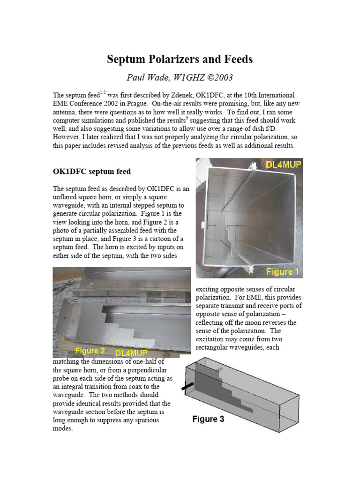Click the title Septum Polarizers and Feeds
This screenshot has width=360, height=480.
click(x=180, y=59)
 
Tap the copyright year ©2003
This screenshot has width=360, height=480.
click(x=217, y=77)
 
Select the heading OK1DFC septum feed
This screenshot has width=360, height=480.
click(x=91, y=171)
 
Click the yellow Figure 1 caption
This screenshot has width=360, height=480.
click(x=283, y=271)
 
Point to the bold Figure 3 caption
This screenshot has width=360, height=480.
click(x=208, y=419)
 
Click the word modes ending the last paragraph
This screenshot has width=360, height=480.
click(x=62, y=428)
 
